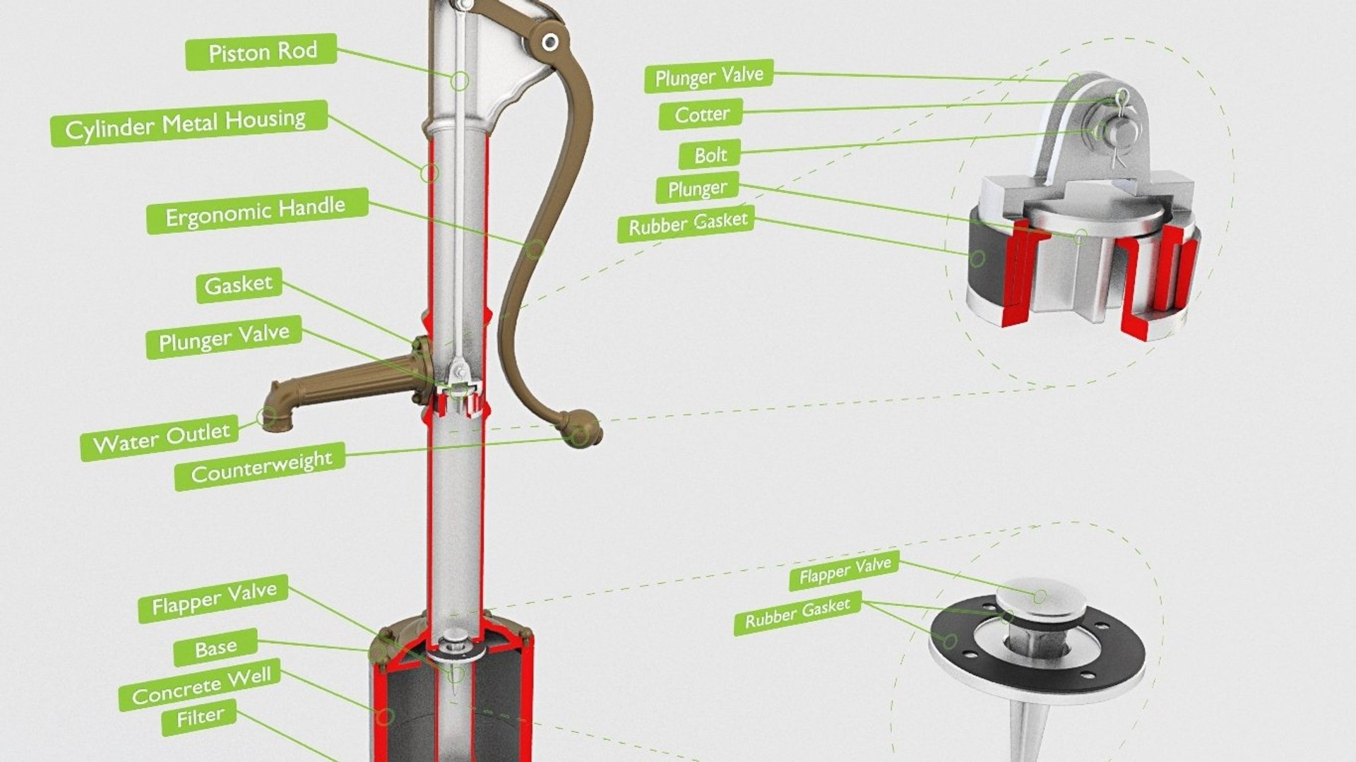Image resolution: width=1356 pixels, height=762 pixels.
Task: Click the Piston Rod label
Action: point(261,52)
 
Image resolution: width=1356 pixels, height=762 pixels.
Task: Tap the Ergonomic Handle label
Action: point(257,210)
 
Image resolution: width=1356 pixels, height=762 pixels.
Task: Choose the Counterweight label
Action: point(260,466)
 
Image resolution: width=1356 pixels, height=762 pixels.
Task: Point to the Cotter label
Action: point(701,114)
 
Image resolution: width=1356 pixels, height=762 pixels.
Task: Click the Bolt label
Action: point(709,154)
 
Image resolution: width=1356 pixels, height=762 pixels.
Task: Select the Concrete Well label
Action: point(200,684)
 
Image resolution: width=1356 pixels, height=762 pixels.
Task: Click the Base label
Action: point(215,647)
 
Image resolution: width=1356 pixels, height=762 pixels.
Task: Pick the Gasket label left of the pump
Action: point(239,285)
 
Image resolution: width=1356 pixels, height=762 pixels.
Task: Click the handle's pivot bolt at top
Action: point(550,42)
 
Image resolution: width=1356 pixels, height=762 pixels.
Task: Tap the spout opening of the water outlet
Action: point(269,417)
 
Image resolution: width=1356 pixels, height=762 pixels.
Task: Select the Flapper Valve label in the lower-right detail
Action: point(844,569)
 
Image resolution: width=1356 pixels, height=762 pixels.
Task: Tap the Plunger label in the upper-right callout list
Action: point(697,188)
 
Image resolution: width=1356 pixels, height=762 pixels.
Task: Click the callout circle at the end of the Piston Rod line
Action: point(460,81)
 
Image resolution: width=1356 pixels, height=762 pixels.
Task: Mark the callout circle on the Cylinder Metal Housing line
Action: point(429,172)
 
